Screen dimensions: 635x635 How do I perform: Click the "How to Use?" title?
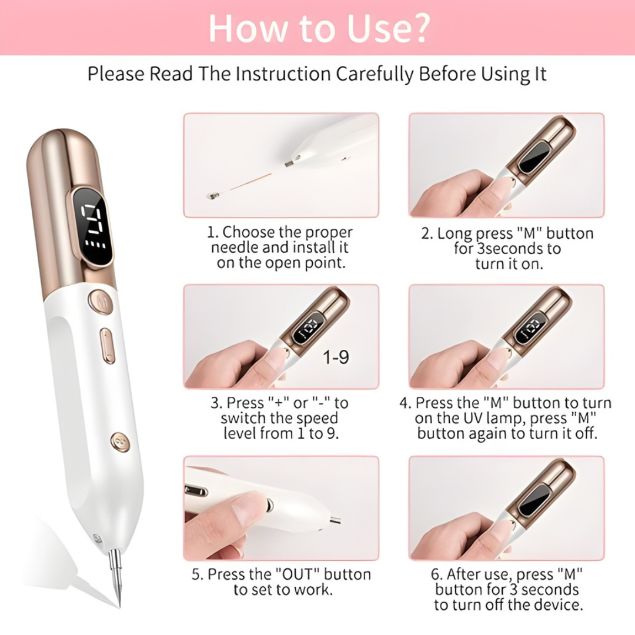318,28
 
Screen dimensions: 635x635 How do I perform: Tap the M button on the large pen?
101,303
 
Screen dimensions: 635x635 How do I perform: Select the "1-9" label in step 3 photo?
336,357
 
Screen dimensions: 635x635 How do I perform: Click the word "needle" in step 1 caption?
233,248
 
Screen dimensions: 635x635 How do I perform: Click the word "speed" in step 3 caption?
317,419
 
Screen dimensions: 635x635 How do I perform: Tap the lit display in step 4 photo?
530,329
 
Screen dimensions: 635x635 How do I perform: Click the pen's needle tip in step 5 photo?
336,520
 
